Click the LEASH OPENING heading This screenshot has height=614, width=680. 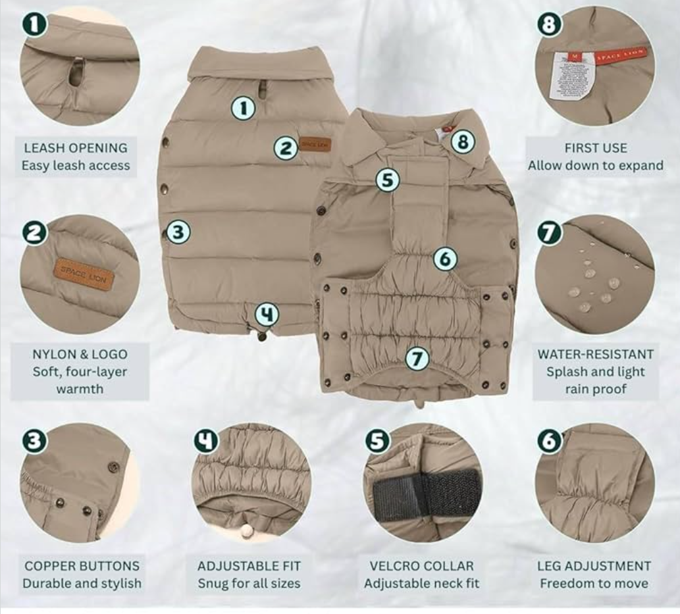coord(76,148)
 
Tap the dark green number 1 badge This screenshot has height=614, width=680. coord(35,25)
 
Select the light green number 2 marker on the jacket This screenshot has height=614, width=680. coord(286,148)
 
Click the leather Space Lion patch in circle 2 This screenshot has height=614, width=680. coord(84,274)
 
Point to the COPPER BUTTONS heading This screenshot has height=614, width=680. coord(82,566)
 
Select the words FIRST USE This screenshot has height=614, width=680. coord(595,148)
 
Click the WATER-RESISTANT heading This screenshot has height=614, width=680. coord(595,354)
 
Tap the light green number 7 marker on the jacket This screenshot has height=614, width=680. coord(417,359)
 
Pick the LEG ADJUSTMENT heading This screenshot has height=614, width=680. coord(594,566)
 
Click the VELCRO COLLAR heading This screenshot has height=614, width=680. coord(421,566)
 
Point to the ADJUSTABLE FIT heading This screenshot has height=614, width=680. coord(249,566)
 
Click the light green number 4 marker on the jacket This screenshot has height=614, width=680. coord(266,314)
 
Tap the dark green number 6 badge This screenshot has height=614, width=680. coord(550,440)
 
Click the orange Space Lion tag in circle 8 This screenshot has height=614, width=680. coord(620,55)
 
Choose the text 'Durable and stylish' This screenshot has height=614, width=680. coord(82,583)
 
